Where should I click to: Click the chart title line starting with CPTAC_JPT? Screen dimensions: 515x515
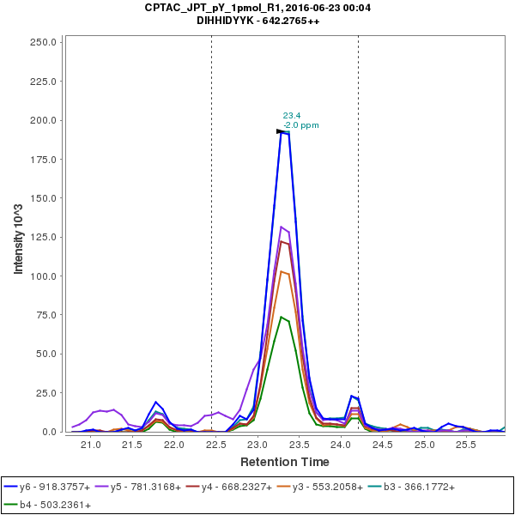(257, 8)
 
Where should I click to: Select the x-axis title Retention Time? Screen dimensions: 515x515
(284, 462)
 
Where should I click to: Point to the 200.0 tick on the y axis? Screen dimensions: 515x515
(44, 120)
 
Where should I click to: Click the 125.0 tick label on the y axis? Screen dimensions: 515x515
(44, 237)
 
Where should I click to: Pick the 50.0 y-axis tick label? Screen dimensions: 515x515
(46, 354)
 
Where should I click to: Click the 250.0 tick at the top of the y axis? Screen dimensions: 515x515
(44, 42)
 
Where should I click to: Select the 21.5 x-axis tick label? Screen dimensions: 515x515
(132, 445)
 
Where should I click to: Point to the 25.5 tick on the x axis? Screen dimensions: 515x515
(466, 445)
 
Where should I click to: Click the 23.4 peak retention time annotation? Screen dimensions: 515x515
(292, 115)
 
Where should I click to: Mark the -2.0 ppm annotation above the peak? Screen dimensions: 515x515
(300, 125)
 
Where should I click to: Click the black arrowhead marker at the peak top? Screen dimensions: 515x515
(280, 131)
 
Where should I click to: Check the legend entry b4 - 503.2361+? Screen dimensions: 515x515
(55, 505)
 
